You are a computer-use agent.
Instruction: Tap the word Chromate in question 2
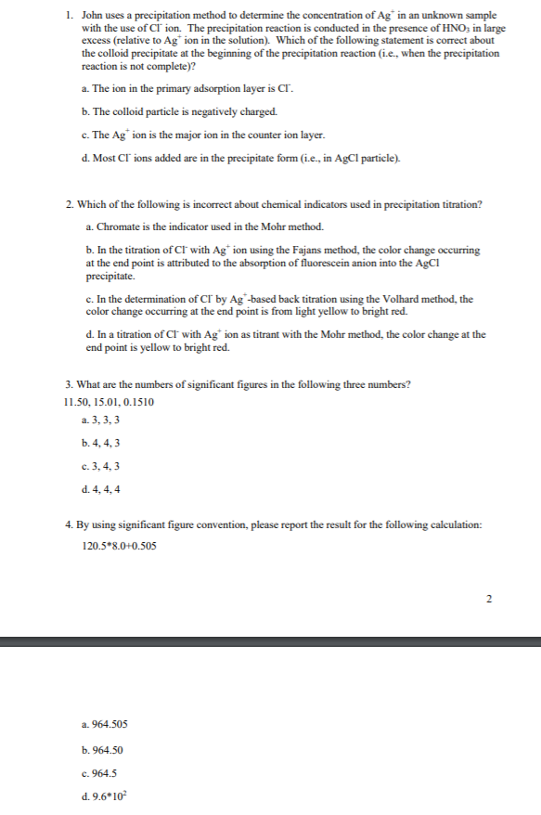[119, 226]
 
